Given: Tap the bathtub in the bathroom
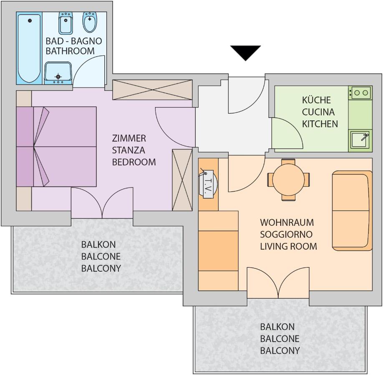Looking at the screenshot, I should coord(29,48).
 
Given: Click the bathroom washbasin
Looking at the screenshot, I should coord(58,73).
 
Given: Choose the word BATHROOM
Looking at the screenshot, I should coord(70,51).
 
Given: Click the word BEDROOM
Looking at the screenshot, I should coord(134,162).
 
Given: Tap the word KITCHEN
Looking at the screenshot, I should coord(320,124).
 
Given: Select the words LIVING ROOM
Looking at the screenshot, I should coord(288,246).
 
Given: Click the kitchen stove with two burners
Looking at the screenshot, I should coord(360,92).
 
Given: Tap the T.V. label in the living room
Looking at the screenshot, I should coord(208,184).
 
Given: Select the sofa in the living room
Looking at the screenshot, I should coord(352,210).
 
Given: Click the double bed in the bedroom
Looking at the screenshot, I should coord(56,146).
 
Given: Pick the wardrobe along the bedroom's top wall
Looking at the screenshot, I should coord(152,89).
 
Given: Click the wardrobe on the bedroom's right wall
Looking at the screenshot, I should coord(182,179).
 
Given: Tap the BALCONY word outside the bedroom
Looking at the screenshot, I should coord(101,268).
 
